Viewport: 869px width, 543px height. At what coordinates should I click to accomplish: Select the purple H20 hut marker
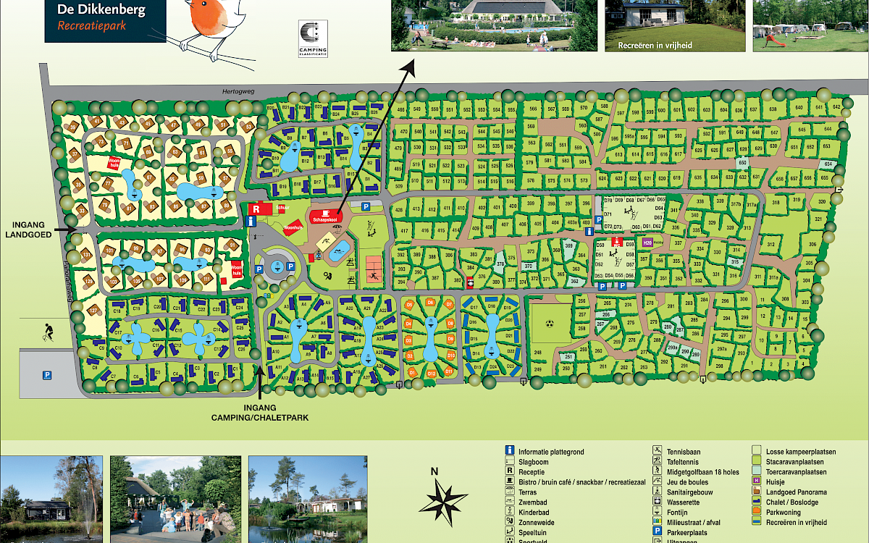pos(647,243)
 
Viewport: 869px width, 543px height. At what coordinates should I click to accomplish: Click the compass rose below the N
pos(443,500)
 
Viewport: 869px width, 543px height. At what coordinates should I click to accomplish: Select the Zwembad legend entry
pos(532,501)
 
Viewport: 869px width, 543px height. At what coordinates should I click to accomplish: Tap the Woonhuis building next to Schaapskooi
pos(293,228)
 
